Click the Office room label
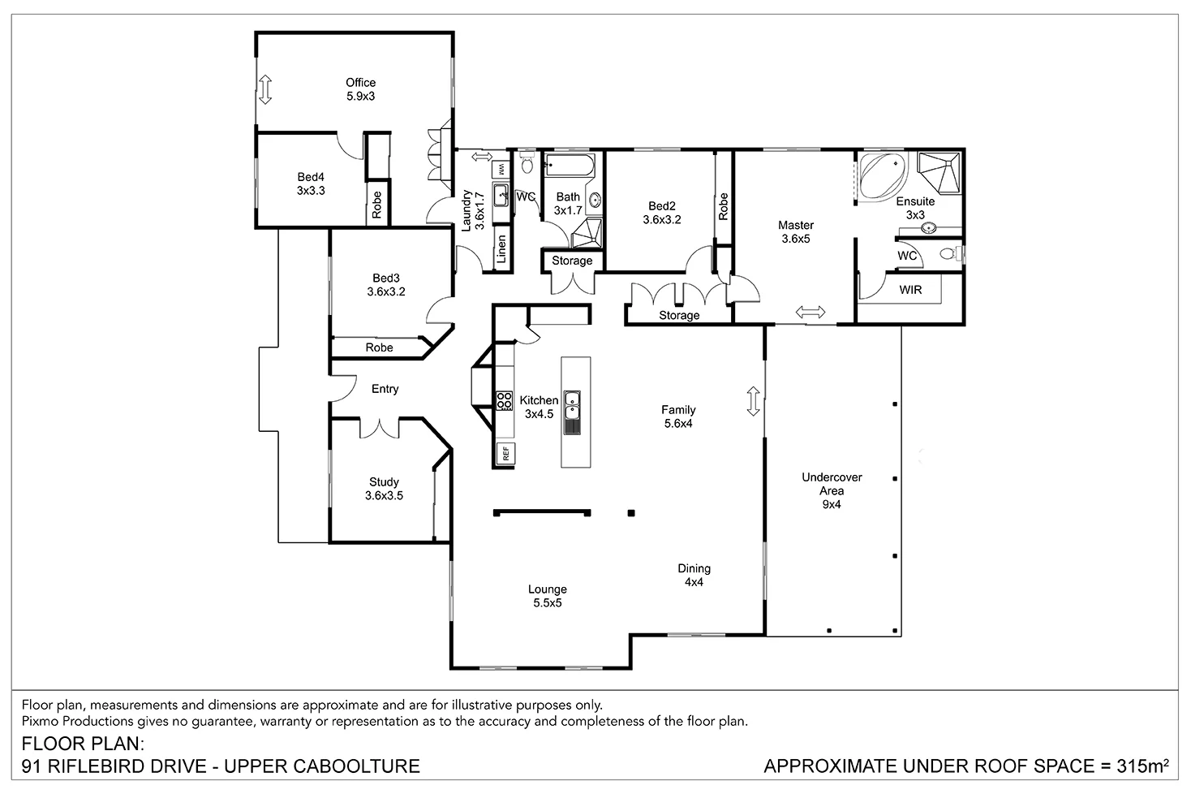(360, 88)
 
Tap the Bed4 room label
(311, 183)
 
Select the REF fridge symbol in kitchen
(505, 454)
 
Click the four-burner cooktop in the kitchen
(505, 400)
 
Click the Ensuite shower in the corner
(939, 173)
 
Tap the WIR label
(910, 289)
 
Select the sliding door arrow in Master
(810, 312)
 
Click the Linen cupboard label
(501, 249)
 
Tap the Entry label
(385, 389)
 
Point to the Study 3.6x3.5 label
(384, 488)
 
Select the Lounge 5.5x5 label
(548, 596)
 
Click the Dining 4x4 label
(694, 575)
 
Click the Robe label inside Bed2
(723, 206)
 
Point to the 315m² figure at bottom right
(1142, 766)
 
